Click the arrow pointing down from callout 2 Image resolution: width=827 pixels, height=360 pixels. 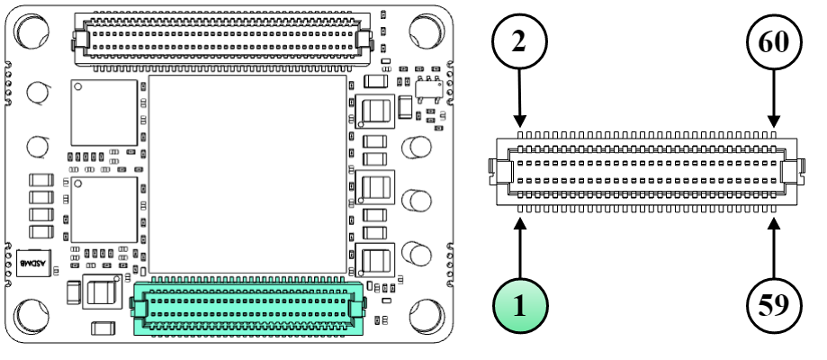pyautogui.click(x=520, y=100)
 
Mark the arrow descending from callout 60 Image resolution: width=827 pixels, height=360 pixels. pyautogui.click(x=775, y=100)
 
